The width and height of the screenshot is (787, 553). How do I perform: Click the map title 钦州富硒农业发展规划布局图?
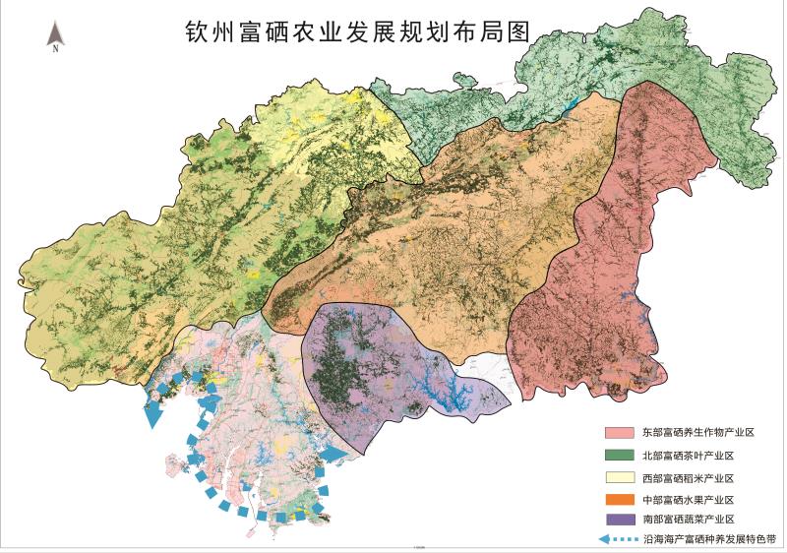click(357, 31)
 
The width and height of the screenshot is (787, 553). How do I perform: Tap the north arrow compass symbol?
click(56, 33)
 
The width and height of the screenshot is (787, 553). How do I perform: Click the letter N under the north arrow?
click(56, 47)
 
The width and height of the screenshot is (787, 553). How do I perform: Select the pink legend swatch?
click(619, 432)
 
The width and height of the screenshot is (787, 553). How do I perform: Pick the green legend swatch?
click(619, 454)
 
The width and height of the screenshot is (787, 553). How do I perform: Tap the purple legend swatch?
click(619, 519)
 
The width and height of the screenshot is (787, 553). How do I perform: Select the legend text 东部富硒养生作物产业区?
click(697, 432)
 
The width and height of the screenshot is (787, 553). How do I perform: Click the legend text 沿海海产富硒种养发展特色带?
click(709, 539)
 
